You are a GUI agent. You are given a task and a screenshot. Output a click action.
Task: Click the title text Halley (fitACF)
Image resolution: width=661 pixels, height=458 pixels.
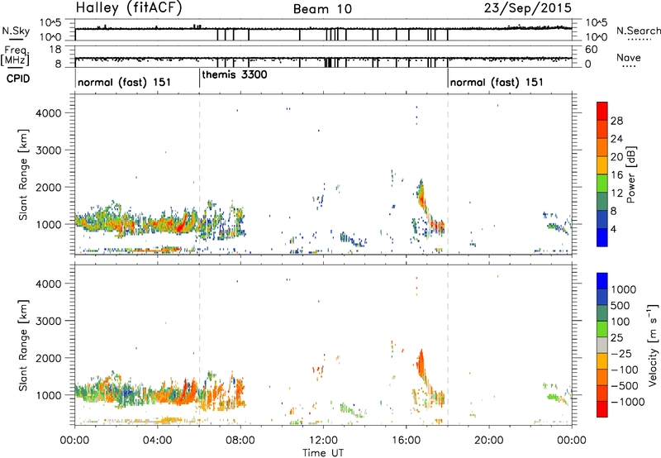(x=129, y=8)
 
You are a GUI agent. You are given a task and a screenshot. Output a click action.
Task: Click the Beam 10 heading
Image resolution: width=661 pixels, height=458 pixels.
(x=322, y=9)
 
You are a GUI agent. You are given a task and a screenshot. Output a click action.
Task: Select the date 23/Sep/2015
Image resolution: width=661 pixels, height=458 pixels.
(x=527, y=8)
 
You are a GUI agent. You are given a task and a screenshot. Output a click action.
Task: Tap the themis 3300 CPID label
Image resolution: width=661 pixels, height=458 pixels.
(x=235, y=75)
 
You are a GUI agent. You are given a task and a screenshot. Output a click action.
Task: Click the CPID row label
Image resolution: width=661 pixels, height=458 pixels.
(x=18, y=79)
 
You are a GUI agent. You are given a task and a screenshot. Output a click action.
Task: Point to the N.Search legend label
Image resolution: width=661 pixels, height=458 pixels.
(x=638, y=31)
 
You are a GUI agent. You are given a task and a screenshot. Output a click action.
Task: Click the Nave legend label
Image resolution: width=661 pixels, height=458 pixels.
(x=629, y=57)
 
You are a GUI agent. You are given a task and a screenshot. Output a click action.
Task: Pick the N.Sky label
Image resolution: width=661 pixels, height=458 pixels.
(x=16, y=31)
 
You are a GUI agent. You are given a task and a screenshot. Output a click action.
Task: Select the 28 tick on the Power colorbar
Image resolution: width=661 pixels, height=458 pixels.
(x=616, y=121)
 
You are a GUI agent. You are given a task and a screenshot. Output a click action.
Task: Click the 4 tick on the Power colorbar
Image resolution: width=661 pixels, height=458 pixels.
(x=614, y=230)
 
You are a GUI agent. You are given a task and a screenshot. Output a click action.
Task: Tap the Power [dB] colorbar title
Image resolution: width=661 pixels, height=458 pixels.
(x=631, y=174)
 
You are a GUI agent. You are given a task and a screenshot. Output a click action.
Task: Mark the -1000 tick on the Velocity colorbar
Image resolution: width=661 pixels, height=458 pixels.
(x=628, y=402)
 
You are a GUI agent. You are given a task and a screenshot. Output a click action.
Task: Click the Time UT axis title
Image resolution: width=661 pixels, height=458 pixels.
(x=323, y=453)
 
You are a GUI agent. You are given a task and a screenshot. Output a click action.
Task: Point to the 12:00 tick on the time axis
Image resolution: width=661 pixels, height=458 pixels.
(x=323, y=441)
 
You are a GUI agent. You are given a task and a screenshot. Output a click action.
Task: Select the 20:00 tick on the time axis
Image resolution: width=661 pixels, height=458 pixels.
(x=489, y=441)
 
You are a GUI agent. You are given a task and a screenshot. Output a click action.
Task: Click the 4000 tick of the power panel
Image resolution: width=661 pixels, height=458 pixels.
(x=49, y=113)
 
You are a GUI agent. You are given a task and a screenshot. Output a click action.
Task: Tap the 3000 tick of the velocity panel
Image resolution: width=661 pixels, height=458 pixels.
(x=49, y=321)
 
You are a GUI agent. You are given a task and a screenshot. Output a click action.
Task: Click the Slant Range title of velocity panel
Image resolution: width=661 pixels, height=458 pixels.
(x=23, y=346)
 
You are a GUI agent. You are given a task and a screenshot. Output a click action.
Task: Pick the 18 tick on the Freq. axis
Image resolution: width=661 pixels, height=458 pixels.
(x=55, y=50)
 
